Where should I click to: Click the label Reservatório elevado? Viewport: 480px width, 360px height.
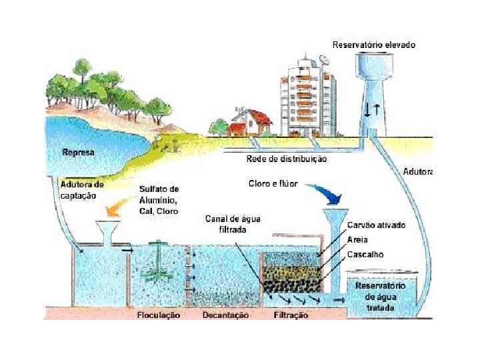pos(374,45)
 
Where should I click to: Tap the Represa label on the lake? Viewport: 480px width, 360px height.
pos(79,153)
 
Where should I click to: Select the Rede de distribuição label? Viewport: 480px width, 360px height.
pos(287,159)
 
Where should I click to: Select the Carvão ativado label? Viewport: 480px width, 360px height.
pos(376,225)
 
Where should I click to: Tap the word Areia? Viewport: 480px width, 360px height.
pos(357,240)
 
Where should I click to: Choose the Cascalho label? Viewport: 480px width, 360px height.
pos(365,255)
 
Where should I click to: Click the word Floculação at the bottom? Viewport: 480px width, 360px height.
pos(159,315)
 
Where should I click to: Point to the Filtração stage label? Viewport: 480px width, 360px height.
pos(291,315)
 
